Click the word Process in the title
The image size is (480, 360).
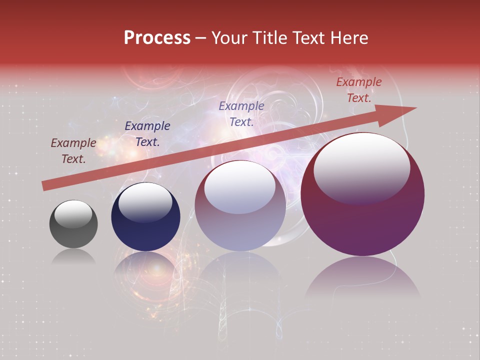tap(157, 38)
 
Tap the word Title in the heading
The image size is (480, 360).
tap(268, 38)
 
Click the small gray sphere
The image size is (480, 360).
tap(73, 232)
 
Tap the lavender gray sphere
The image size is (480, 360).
tap(240, 225)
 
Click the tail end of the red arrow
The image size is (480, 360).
tap(46, 185)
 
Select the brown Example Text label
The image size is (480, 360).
tap(73, 151)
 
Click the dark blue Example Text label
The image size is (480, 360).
tap(147, 134)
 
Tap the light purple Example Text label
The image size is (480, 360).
tap(241, 114)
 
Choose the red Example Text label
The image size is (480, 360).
tap(359, 90)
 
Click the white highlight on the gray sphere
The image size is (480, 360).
tap(73, 214)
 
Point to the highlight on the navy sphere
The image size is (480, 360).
tap(145, 202)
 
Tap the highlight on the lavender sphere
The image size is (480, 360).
tap(240, 187)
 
